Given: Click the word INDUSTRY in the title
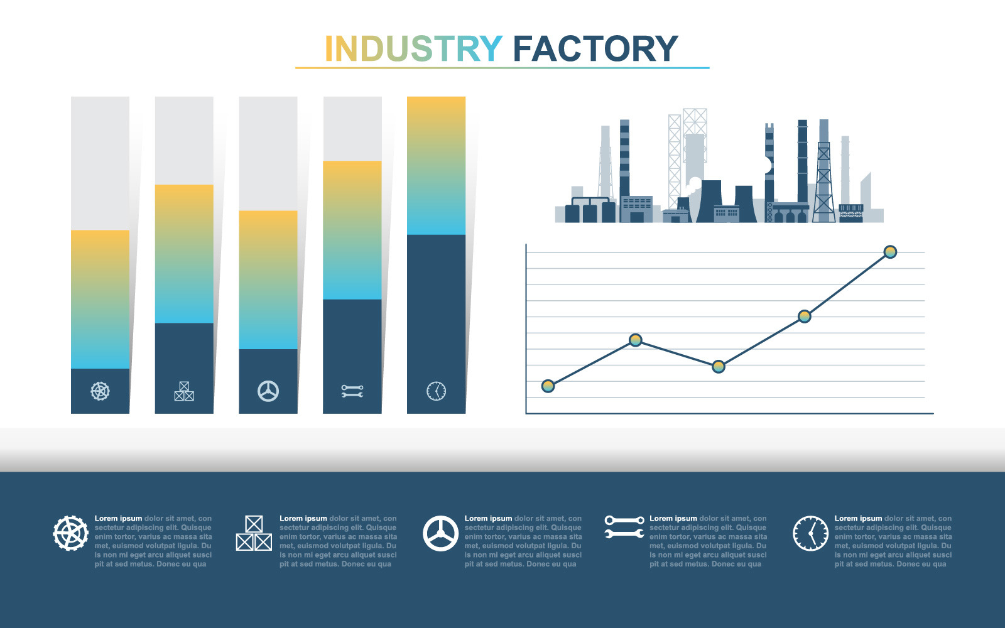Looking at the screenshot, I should [413, 49].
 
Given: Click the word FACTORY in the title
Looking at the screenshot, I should [595, 49].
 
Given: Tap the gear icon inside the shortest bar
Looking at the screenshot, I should [100, 391].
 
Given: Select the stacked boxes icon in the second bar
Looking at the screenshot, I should [184, 391].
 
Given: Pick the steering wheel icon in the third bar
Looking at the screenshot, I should [268, 391].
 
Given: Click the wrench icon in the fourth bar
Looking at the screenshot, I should [352, 391].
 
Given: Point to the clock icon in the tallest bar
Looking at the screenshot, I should [437, 391].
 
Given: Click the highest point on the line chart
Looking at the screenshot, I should [890, 252].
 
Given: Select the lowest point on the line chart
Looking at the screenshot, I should [548, 386].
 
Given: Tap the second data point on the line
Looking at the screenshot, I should [636, 340].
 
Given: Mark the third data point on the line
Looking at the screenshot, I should [719, 366].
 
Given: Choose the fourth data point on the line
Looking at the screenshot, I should [805, 316].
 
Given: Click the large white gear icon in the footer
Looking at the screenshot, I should [70, 533].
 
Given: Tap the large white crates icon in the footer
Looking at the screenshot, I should [254, 533].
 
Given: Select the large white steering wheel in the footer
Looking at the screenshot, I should [440, 533].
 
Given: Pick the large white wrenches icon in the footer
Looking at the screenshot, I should [624, 528].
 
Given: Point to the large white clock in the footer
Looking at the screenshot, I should [811, 533].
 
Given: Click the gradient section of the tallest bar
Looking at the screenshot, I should [437, 166].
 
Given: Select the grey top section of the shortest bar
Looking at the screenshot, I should [100, 163].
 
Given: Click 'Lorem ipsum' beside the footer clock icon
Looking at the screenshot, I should [858, 519].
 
